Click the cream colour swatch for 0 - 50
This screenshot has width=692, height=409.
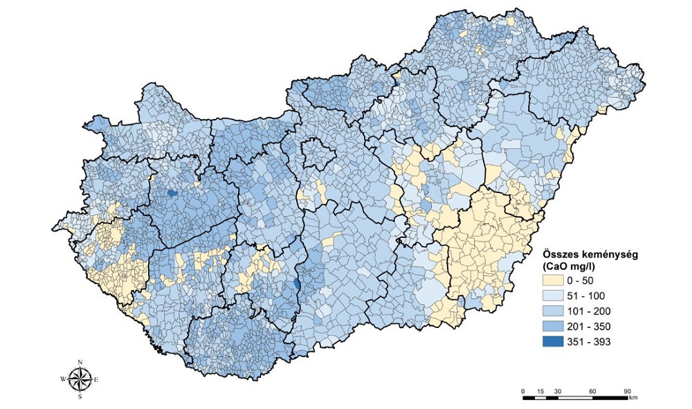click(x=552, y=281)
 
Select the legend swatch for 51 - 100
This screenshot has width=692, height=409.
click(x=552, y=296)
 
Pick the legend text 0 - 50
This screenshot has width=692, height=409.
click(x=581, y=281)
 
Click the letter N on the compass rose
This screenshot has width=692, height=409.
click(x=80, y=362)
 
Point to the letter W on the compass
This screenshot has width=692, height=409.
click(x=63, y=379)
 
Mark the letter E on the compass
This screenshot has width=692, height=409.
click(x=96, y=379)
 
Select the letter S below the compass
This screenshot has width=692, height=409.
click(x=80, y=397)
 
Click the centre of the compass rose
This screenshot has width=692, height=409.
click(x=80, y=379)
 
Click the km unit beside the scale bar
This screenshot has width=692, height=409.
click(x=634, y=398)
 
